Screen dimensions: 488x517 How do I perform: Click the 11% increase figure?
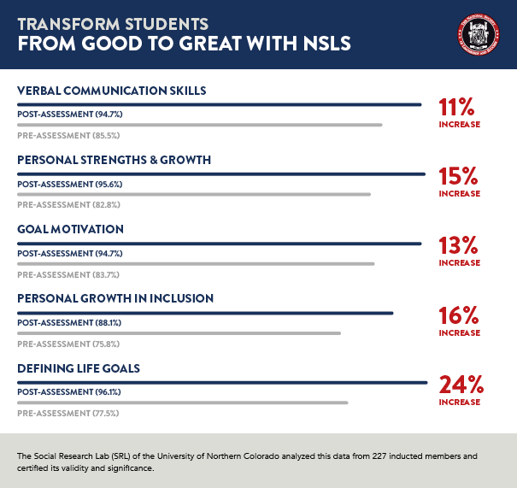(459, 108)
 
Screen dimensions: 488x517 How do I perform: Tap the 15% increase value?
(459, 177)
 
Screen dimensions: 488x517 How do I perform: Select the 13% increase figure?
(459, 246)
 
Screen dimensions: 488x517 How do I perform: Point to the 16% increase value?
(459, 315)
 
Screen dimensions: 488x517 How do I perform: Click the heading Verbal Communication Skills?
(112, 91)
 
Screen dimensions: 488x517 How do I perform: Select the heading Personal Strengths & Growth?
(114, 160)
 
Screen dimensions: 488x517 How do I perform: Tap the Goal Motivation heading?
(70, 229)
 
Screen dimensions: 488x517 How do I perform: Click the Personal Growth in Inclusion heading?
(115, 298)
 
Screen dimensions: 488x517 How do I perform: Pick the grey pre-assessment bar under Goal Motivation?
(196, 264)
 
